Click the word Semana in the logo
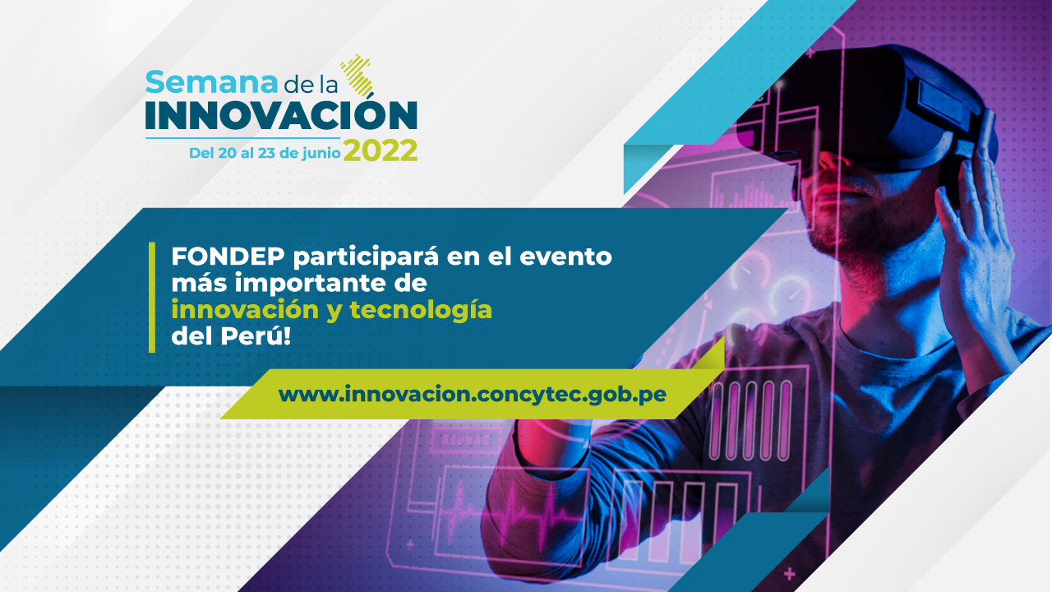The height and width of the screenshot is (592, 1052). pyautogui.click(x=211, y=83)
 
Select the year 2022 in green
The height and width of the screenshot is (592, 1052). pyautogui.click(x=381, y=150)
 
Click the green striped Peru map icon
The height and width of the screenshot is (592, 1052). pyautogui.click(x=358, y=75)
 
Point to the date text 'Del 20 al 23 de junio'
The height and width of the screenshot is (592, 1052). pyautogui.click(x=265, y=153)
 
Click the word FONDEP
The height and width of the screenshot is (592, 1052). pyautogui.click(x=228, y=257)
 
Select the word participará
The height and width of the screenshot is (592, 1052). pyautogui.click(x=366, y=258)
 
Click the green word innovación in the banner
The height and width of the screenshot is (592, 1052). pyautogui.click(x=245, y=310)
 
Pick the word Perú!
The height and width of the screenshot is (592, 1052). pyautogui.click(x=256, y=336)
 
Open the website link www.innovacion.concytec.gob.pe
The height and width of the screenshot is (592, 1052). pyautogui.click(x=472, y=394)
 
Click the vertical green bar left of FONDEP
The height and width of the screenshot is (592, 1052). pyautogui.click(x=152, y=297)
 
